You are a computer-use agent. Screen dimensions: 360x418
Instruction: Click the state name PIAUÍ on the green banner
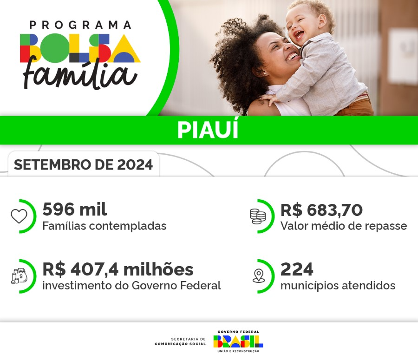208,131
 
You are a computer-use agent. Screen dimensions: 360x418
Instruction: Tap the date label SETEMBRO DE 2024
83,165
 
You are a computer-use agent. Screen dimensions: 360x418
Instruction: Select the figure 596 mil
74,210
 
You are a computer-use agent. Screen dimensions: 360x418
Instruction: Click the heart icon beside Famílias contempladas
19,216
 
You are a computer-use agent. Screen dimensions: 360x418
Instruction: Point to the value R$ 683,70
321,210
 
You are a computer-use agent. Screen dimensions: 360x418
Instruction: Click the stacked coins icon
258,216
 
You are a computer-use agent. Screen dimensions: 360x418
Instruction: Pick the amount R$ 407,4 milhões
118,269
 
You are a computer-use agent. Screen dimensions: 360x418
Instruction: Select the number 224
297,269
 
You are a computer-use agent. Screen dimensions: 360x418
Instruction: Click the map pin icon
258,276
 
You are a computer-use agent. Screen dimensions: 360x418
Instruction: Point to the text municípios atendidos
338,285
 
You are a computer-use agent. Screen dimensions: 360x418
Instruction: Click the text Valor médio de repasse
343,226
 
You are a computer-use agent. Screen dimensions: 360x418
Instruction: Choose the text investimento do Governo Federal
131,285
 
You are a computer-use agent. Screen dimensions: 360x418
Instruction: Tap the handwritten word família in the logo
80,74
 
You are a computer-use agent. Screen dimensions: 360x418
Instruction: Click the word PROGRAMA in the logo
80,25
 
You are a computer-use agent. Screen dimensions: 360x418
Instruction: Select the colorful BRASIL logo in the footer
238,341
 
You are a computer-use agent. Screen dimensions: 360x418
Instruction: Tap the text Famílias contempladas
104,226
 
